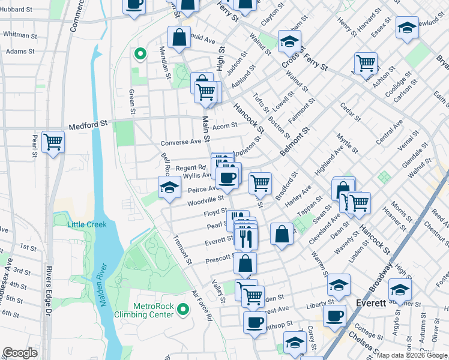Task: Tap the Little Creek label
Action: [87, 224]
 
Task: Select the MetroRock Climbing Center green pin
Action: [184, 310]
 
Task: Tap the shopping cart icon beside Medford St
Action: [53, 142]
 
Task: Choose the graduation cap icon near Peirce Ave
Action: [170, 187]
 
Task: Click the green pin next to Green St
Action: [140, 55]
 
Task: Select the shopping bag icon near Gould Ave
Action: [179, 37]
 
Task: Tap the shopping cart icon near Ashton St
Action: [365, 62]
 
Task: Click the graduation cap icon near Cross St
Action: [289, 41]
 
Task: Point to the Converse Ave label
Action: [180, 143]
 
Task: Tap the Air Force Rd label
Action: [202, 307]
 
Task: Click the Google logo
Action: [20, 353]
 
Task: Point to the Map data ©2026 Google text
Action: [412, 355]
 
